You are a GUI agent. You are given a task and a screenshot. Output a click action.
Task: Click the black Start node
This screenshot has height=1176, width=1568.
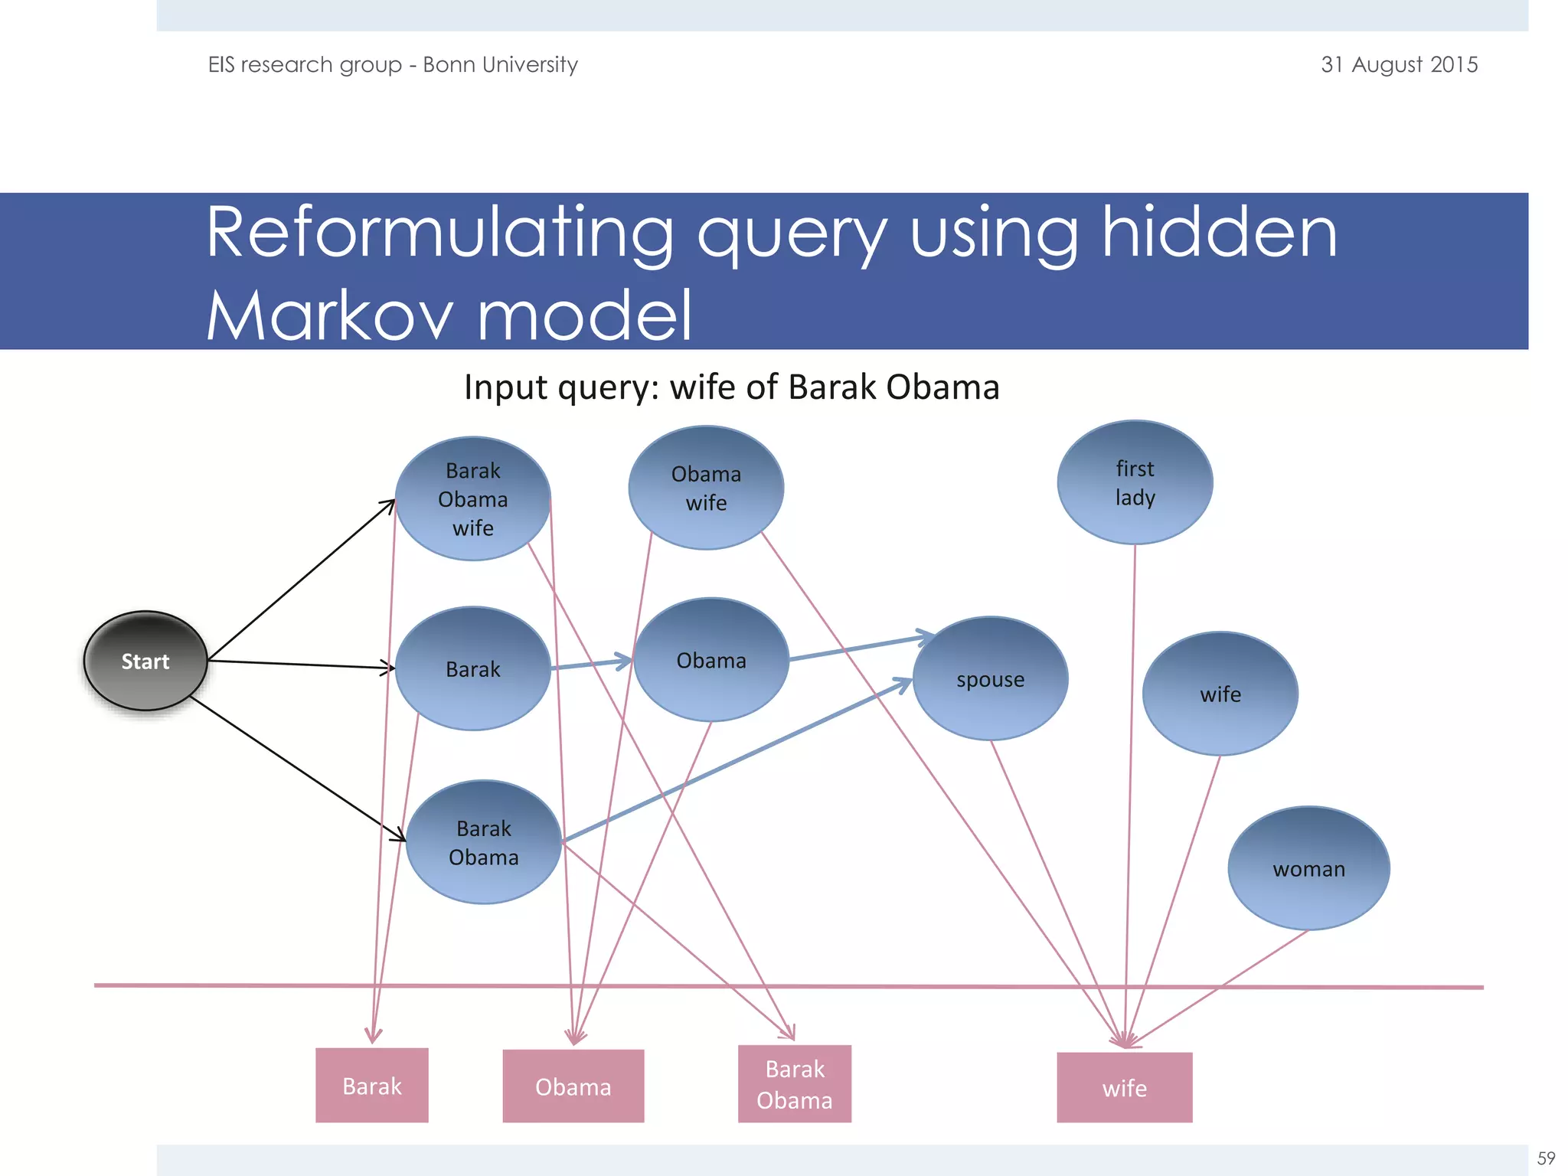(x=145, y=661)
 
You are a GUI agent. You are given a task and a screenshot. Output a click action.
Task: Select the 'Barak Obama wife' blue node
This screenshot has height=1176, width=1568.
(x=472, y=498)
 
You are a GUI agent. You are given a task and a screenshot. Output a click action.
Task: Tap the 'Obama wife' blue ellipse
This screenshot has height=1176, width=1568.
(x=706, y=488)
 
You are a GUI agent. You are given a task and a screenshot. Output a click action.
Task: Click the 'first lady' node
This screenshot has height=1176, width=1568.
(x=1135, y=482)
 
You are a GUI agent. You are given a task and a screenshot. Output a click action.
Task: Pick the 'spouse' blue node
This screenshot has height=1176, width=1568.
(x=990, y=679)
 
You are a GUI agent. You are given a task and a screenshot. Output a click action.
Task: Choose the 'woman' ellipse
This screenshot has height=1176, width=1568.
(x=1308, y=869)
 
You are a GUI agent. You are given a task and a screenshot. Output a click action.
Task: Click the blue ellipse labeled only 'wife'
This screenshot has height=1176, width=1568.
(x=1220, y=694)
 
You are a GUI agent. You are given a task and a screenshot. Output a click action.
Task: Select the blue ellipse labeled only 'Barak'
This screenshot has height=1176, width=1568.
(x=472, y=668)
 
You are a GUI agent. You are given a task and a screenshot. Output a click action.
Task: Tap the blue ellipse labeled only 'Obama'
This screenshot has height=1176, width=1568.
(x=711, y=660)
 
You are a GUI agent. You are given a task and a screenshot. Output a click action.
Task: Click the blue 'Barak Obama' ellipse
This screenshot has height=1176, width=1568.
(x=483, y=842)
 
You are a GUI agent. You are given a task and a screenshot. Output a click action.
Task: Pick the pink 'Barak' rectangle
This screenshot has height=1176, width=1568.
(x=372, y=1086)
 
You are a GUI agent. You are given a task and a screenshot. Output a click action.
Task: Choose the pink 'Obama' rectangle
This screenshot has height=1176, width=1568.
(x=573, y=1086)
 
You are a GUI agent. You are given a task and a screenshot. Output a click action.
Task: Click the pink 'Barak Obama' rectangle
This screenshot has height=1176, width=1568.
(x=794, y=1084)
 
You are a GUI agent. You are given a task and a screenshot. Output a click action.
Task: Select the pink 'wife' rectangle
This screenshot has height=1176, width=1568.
(x=1124, y=1088)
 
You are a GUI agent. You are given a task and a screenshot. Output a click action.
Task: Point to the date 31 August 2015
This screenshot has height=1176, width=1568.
(x=1399, y=64)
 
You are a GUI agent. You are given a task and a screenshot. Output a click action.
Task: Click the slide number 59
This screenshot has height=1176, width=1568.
(x=1546, y=1158)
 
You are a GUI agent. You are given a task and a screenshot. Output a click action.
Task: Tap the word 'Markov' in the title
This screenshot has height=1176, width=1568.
(x=329, y=315)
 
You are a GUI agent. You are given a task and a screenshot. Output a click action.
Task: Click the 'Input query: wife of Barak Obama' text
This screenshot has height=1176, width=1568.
(x=731, y=387)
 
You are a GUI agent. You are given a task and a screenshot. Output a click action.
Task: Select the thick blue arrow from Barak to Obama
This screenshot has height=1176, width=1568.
(x=590, y=664)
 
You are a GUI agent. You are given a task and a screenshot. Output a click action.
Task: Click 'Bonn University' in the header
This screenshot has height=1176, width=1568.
(x=500, y=64)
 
